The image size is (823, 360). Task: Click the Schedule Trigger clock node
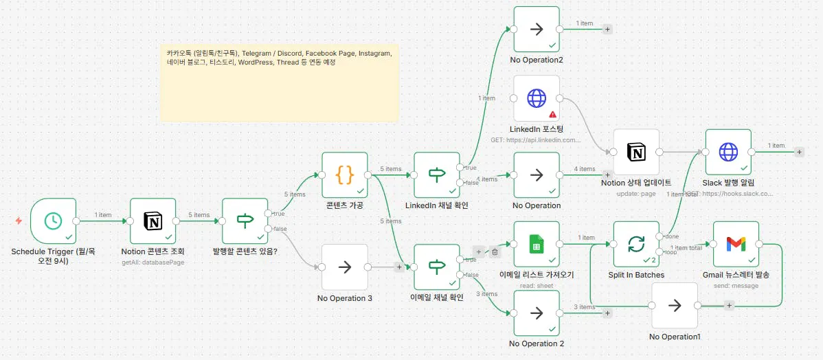[54, 221]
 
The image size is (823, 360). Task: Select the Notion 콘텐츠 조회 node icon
[153, 221]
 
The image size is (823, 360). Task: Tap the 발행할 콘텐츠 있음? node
[245, 221]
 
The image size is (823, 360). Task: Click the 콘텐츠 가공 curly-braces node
[345, 175]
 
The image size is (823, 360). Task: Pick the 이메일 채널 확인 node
[437, 267]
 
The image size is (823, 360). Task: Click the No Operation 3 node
[345, 267]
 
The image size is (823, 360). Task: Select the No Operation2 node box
[537, 30]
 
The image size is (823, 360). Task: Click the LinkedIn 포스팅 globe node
[537, 98]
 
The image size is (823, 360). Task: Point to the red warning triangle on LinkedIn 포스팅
[552, 114]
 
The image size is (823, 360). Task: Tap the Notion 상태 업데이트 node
[636, 152]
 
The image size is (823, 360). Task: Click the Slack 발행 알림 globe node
[728, 152]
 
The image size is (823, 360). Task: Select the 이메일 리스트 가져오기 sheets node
[537, 244]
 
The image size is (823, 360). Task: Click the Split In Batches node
[636, 244]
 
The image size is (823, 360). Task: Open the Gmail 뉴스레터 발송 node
[736, 244]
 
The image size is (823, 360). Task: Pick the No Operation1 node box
[675, 305]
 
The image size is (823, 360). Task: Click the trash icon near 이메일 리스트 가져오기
[495, 252]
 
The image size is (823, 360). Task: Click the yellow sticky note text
[279, 58]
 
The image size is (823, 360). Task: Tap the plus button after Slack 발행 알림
[799, 152]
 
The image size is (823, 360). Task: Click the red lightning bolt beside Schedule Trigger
[19, 221]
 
